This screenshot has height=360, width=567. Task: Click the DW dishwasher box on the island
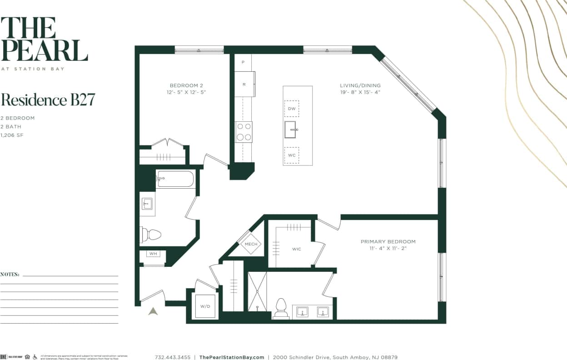292,109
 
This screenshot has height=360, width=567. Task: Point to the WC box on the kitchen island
292,155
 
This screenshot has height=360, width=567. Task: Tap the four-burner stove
244,132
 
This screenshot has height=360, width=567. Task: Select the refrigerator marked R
244,84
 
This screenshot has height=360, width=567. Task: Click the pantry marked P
243,62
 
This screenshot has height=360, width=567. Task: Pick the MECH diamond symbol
251,244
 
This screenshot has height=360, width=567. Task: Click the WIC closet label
296,249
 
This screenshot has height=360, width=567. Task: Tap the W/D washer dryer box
205,306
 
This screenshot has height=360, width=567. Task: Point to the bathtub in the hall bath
175,179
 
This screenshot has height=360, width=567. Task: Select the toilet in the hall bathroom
151,235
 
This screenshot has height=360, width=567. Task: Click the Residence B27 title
48,100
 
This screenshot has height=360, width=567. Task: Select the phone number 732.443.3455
173,357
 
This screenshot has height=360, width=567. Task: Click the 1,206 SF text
11,135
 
